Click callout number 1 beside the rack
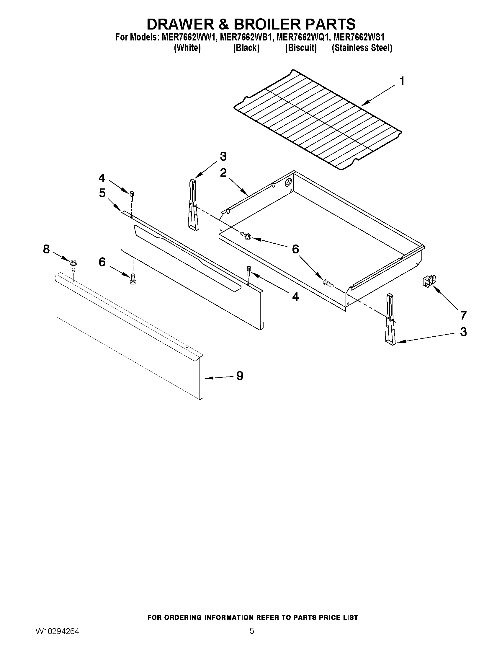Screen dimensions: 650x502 coord(402,81)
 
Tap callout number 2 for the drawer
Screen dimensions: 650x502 coord(223,173)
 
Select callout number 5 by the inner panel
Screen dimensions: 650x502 coord(102,193)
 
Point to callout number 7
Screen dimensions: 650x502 coord(463,315)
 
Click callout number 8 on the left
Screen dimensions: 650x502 coord(46,249)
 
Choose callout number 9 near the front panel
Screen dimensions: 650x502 coord(239,376)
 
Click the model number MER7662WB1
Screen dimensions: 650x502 coord(245,37)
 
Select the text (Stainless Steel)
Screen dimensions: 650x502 coord(362,48)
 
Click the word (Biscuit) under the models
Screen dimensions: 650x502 coord(301,48)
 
